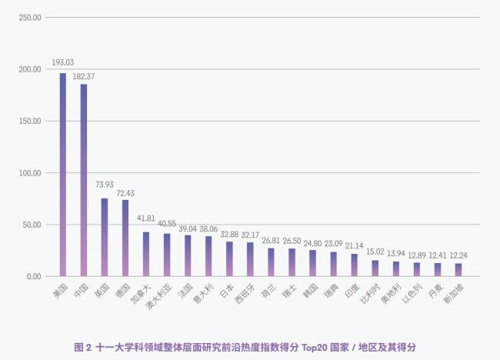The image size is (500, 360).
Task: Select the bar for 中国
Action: (84, 180)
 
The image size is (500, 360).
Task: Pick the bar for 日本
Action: (229, 258)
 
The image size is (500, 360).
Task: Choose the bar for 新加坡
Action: (458, 269)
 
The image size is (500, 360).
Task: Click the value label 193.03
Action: (63, 62)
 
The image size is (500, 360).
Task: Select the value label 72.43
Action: (125, 192)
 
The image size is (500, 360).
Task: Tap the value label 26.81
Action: (271, 239)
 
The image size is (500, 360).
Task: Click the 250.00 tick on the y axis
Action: (28, 17)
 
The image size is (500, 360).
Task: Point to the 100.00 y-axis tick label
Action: (28, 173)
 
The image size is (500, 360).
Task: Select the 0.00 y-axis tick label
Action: (32, 277)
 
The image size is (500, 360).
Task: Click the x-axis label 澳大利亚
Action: (157, 296)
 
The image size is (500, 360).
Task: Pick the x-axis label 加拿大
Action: (138, 293)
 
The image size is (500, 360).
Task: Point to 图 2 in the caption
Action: (82, 347)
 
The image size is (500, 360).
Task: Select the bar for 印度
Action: (354, 265)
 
